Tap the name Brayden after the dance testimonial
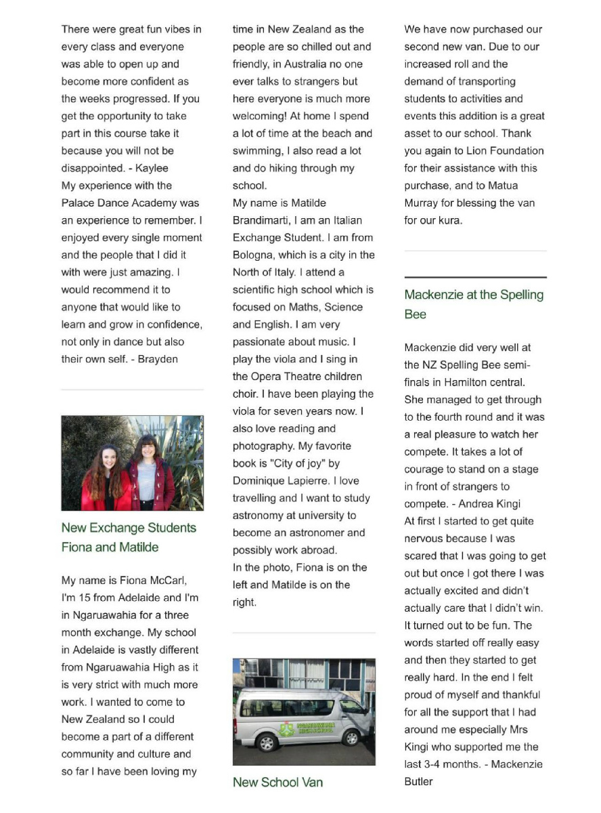[158, 359]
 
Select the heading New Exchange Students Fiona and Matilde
[129, 537]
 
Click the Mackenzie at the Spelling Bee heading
[474, 304]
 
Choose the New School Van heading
[277, 783]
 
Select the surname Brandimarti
[263, 220]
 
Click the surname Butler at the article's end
[418, 781]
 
